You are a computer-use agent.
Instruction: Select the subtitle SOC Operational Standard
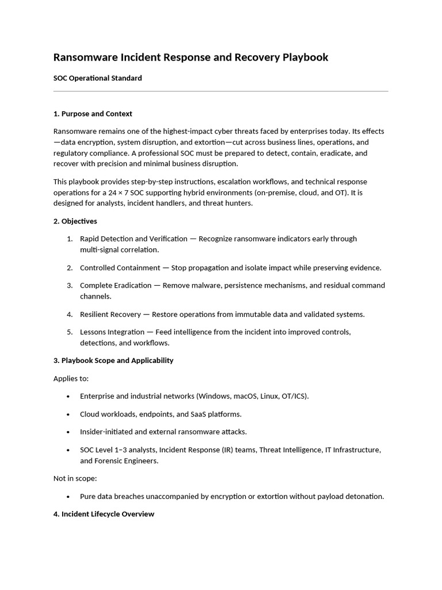click(97, 78)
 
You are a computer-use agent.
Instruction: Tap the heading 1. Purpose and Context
click(93, 114)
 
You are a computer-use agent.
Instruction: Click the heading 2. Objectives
click(75, 221)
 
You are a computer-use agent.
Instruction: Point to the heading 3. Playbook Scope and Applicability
click(113, 361)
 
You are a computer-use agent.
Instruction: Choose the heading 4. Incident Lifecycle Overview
click(104, 514)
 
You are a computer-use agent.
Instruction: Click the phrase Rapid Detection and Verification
click(134, 239)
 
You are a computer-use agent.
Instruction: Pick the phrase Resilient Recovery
click(110, 315)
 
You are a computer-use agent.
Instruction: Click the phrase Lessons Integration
click(112, 332)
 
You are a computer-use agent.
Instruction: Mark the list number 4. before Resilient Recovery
click(70, 315)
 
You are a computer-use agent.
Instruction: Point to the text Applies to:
click(71, 379)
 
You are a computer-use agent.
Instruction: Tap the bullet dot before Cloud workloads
click(68, 414)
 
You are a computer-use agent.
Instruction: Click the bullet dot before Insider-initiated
click(68, 432)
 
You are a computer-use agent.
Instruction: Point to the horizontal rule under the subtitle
click(220, 91)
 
